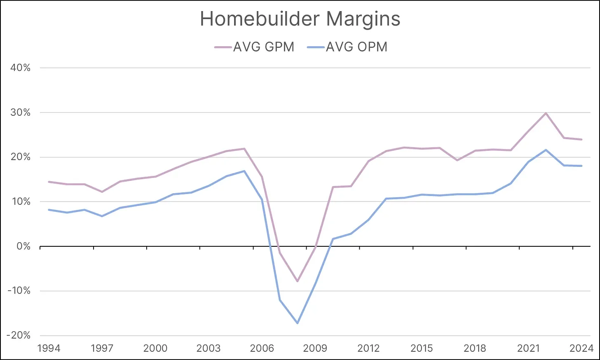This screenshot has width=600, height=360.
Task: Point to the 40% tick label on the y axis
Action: (x=21, y=68)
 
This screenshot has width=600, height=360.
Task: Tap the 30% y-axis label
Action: (x=21, y=112)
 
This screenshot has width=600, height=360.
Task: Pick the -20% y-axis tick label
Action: (x=19, y=335)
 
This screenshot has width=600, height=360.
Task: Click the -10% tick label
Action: (x=19, y=291)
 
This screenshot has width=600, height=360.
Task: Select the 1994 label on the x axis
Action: (x=49, y=348)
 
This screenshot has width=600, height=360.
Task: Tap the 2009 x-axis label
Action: (x=315, y=348)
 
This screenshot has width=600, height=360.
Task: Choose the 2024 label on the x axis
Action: (x=581, y=348)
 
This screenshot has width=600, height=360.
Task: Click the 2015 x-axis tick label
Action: (x=422, y=348)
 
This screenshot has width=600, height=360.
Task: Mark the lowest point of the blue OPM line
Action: (x=297, y=323)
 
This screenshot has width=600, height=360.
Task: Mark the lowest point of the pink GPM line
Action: (x=297, y=281)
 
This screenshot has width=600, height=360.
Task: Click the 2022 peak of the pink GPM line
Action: (x=546, y=113)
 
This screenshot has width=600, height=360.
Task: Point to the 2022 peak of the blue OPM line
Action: (x=546, y=150)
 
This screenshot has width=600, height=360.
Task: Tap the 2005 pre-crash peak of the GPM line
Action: (x=244, y=149)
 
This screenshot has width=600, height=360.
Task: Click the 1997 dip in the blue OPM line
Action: (x=102, y=216)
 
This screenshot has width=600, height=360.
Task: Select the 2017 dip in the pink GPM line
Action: (x=457, y=160)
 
